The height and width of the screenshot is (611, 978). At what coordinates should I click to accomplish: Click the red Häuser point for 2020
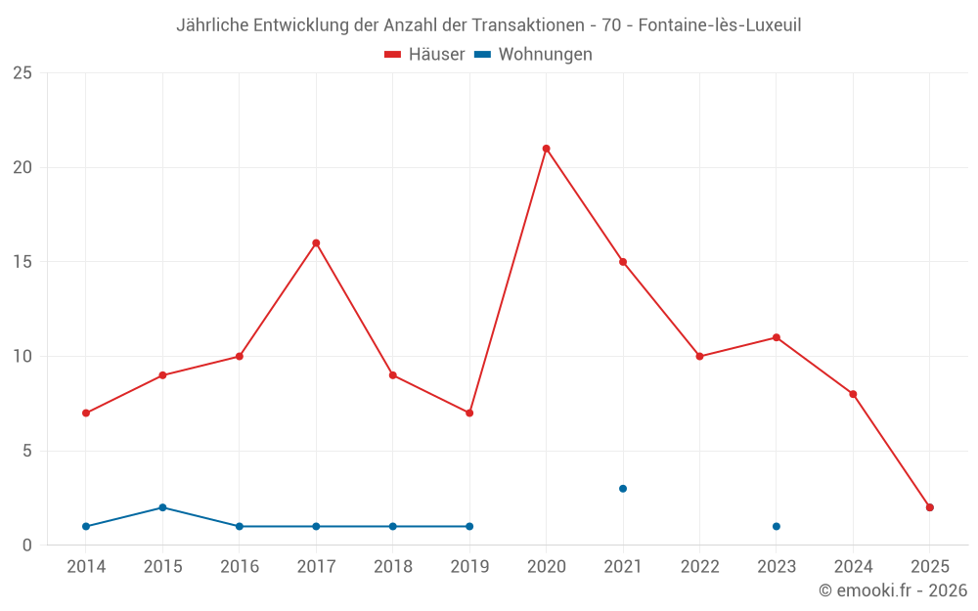[546, 149]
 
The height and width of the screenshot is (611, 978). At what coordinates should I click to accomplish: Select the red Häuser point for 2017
[316, 242]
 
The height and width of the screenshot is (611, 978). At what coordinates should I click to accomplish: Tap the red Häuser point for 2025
[930, 507]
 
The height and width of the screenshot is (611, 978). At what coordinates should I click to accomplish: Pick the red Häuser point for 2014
[86, 413]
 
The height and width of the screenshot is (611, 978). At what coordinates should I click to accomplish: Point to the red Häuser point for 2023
[777, 337]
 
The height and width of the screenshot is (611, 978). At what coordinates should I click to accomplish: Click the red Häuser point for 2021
[623, 262]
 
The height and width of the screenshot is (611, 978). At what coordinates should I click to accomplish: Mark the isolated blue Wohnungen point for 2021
[623, 489]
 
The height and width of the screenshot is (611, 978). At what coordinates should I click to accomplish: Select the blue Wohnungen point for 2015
[162, 507]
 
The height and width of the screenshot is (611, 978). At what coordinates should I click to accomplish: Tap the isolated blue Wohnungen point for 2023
[777, 526]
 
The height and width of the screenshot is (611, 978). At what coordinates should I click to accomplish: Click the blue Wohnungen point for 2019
[469, 526]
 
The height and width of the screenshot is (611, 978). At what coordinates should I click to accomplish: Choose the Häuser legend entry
[424, 55]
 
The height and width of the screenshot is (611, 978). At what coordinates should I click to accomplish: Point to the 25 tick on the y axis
[22, 73]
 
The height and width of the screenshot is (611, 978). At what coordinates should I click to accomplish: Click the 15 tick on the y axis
[22, 262]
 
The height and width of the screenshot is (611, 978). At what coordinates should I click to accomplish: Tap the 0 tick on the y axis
[27, 545]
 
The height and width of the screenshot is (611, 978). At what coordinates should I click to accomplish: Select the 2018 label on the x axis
[393, 567]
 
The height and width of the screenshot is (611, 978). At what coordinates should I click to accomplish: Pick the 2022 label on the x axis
[699, 567]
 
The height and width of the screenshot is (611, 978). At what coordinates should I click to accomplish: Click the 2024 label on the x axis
[853, 567]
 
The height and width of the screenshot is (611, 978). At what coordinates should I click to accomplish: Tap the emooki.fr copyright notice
[892, 590]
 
